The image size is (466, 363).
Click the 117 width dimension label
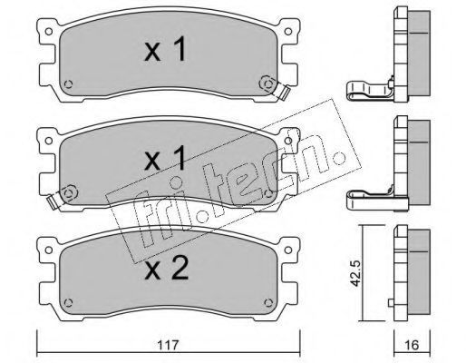[169, 344]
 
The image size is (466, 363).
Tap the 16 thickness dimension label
[412, 345]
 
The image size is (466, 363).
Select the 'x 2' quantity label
[167, 268]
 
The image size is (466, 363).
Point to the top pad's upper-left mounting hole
[48, 32]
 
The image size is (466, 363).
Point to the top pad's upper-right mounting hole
[288, 32]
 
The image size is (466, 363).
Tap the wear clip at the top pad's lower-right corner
[283, 92]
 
